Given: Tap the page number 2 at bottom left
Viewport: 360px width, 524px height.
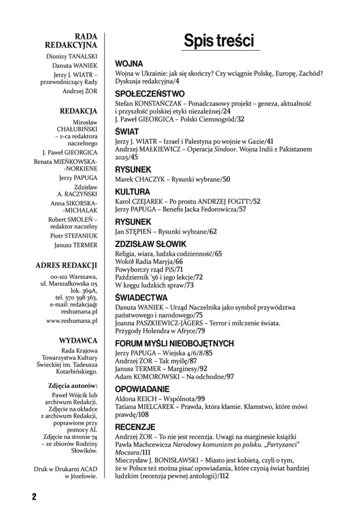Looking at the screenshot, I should click(34, 496).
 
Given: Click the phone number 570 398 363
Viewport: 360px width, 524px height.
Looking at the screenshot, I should click(81, 297).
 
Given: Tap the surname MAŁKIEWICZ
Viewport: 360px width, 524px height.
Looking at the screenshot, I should click(162, 149).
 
